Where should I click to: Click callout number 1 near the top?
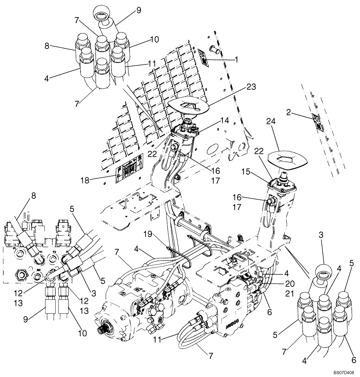(236, 59)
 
